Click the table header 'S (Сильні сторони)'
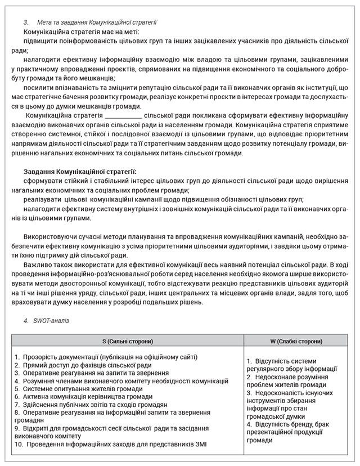128,341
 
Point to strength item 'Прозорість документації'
107,357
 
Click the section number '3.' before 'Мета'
26,22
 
